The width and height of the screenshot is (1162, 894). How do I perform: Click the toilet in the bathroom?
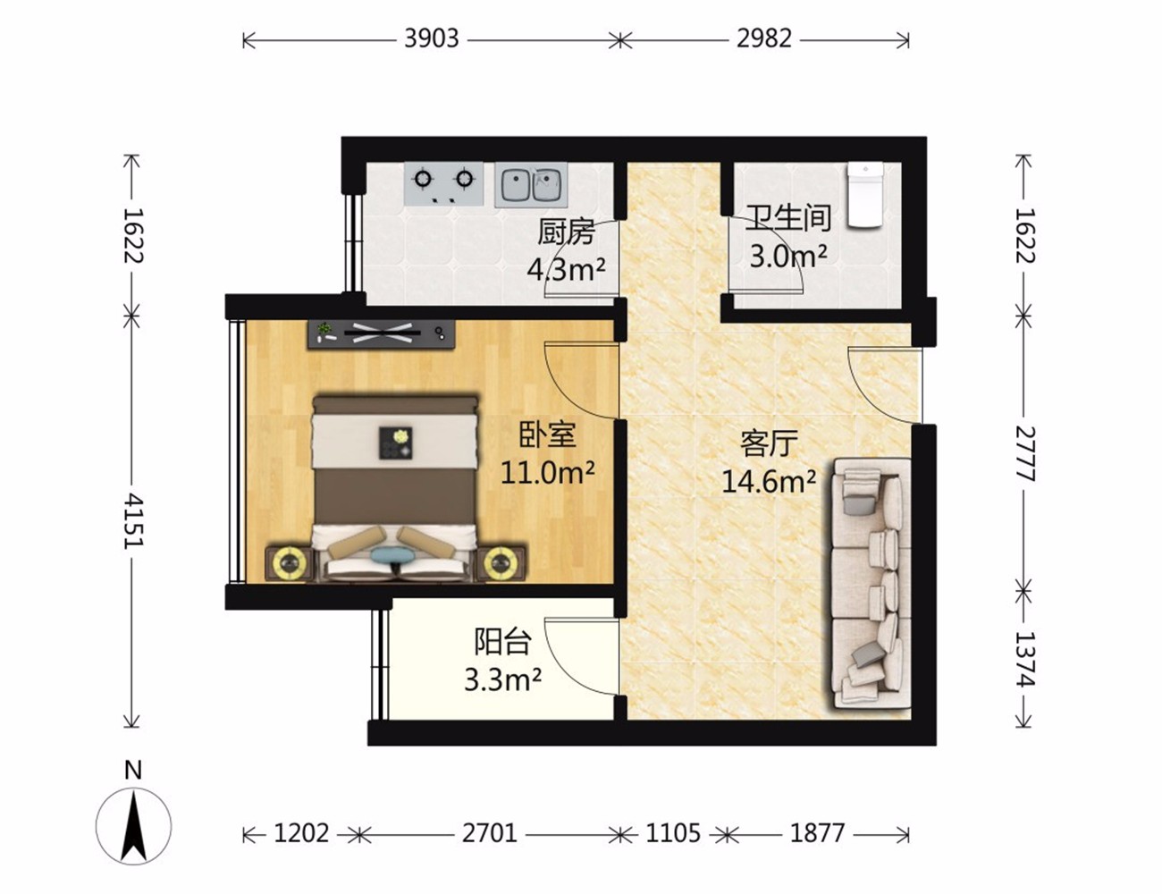pos(864,195)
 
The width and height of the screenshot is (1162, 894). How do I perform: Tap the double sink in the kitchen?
pos(531,185)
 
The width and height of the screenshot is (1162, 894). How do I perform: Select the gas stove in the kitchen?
pos(444,183)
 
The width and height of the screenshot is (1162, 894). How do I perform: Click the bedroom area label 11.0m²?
pos(547,472)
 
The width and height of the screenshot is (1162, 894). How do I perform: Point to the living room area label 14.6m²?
pos(769,481)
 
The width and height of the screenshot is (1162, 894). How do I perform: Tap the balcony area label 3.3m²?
pos(502,680)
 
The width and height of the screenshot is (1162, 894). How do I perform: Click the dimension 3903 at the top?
pos(432,39)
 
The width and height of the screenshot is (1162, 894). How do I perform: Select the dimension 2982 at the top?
pos(764,39)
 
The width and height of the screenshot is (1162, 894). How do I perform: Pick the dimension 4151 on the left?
pos(132,521)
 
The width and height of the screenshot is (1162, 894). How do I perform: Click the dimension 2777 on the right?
pos(1025,454)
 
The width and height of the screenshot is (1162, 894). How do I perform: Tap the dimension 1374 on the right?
pos(1025,659)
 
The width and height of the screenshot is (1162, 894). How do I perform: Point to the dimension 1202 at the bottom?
pos(301,833)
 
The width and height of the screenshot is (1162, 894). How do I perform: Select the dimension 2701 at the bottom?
pos(489,833)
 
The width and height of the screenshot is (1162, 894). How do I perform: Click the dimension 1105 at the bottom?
pos(673,833)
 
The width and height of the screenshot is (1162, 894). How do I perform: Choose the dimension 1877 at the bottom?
pos(817,833)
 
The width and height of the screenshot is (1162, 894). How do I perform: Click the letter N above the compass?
pos(133,771)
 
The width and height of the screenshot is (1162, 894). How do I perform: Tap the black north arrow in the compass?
pos(134,828)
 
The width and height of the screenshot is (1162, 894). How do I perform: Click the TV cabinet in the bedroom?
pos(381,334)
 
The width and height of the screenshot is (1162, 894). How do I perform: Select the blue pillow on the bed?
pos(393,554)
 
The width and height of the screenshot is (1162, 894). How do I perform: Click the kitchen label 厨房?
pos(566,232)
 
